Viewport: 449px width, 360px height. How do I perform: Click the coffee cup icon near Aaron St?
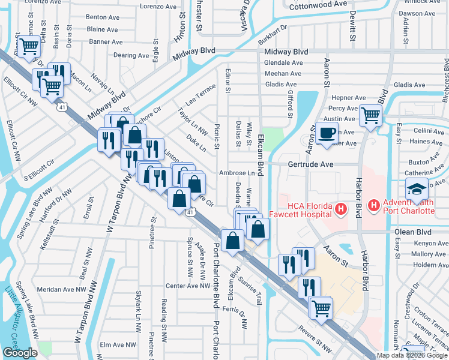click(x=327, y=133)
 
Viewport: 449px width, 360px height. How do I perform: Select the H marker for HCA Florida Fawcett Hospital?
click(x=341, y=209)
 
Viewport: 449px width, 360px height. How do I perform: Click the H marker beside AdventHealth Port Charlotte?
click(x=374, y=206)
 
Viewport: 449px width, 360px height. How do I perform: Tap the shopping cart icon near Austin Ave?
click(x=370, y=114)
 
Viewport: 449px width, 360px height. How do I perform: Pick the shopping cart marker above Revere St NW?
click(x=321, y=307)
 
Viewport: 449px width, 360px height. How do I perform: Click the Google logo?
click(x=20, y=353)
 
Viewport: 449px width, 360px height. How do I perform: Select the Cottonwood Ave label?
click(x=318, y=4)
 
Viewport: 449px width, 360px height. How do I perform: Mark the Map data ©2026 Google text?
click(x=411, y=355)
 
